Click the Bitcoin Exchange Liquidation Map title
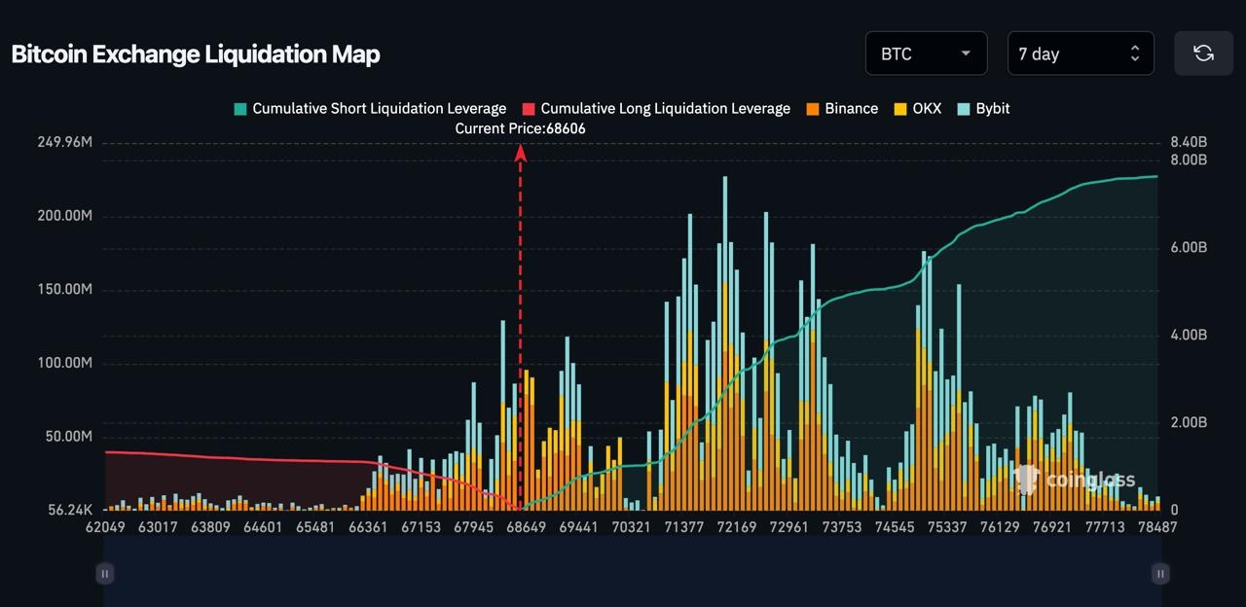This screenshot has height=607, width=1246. point(195,54)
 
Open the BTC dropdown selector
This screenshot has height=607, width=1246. point(926,54)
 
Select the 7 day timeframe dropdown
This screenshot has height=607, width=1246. point(1080,54)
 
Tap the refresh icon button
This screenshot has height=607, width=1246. point(1203,54)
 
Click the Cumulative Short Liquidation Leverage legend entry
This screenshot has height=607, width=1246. point(370,109)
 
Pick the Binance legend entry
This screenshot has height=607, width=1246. point(842,109)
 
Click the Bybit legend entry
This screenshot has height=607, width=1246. point(984,109)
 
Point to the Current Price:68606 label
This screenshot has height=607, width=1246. point(521,128)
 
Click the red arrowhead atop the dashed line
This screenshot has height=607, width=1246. point(521,153)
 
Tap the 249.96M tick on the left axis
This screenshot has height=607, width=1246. point(65,142)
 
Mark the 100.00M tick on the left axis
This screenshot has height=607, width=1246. point(65,363)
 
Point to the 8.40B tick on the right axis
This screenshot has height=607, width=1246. point(1189,143)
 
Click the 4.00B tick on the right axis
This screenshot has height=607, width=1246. point(1189,335)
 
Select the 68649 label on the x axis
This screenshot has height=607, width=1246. point(526,527)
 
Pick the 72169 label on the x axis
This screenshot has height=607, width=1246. point(736,527)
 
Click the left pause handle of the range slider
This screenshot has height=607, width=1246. point(105,574)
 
